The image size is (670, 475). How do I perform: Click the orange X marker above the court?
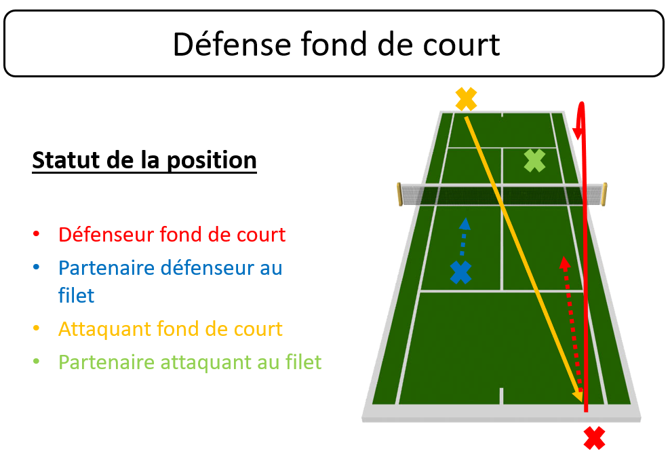[466, 99]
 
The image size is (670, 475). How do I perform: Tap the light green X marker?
[534, 161]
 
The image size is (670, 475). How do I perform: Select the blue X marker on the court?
[460, 272]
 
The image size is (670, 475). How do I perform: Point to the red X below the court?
[594, 438]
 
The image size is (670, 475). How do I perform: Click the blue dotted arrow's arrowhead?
[465, 224]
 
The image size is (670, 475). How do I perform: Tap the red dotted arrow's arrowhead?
[565, 263]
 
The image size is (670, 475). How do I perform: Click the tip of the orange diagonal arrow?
[582, 402]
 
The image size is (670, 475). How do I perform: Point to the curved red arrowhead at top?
[578, 128]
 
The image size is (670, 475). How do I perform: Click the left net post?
[399, 194]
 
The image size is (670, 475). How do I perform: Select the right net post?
[604, 194]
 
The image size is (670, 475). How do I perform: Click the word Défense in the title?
[232, 44]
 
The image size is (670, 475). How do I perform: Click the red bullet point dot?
[37, 233]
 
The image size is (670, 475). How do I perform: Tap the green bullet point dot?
[37, 362]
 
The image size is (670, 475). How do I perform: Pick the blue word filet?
[76, 295]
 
